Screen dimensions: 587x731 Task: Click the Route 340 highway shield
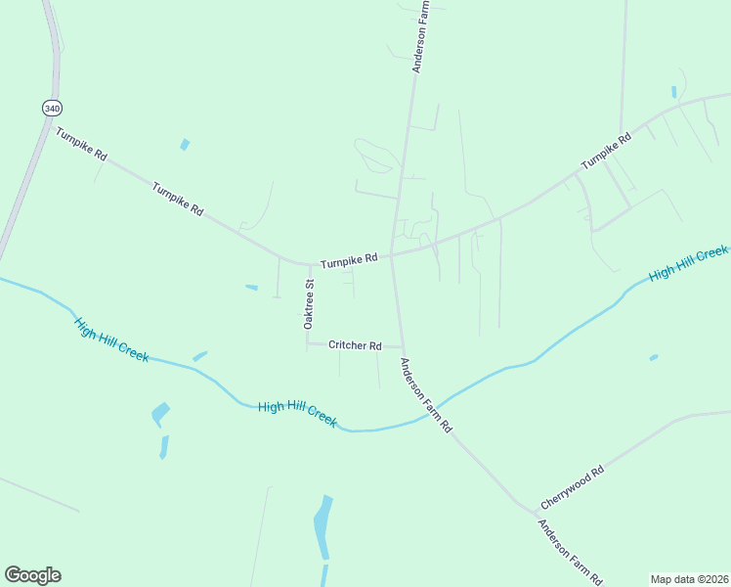[52, 107]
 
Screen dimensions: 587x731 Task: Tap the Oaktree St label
[309, 302]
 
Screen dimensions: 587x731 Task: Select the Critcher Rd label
[354, 345]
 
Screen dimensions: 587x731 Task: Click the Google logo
[32, 574]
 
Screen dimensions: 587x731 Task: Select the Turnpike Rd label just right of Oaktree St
[348, 261]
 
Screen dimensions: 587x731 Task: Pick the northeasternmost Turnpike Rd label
[607, 152]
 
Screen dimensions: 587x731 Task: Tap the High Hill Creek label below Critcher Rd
[297, 413]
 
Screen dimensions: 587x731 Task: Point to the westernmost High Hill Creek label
[111, 339]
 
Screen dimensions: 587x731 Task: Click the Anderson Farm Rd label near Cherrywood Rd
[570, 553]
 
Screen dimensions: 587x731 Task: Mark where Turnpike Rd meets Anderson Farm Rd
[392, 255]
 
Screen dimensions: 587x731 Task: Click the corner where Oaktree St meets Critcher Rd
[308, 343]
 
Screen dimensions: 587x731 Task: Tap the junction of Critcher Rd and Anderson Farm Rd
[401, 346]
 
